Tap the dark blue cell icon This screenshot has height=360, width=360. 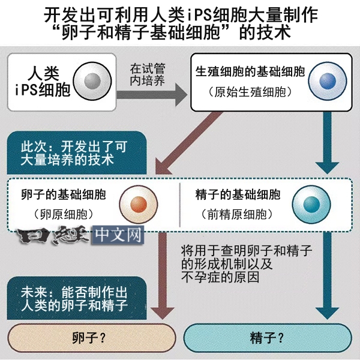[x=326, y=80]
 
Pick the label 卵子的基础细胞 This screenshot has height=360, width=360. [x=64, y=194]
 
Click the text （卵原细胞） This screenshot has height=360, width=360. [x=64, y=214]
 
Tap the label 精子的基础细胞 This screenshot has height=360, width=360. [x=238, y=194]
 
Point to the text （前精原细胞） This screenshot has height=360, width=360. [x=238, y=214]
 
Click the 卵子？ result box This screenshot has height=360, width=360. [x=89, y=338]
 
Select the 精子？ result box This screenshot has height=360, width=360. [x=267, y=338]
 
